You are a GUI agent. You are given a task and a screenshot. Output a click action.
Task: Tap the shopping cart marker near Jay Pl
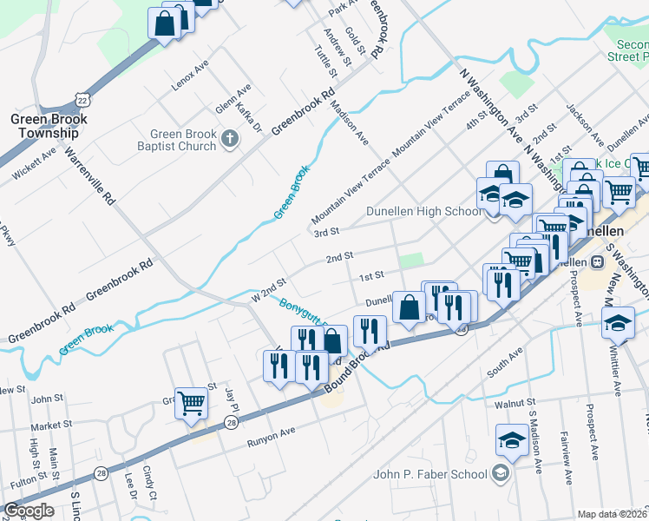point(192,402)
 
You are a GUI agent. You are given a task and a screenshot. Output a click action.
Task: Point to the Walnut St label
point(512,404)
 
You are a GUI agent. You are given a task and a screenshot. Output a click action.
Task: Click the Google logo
point(29,511)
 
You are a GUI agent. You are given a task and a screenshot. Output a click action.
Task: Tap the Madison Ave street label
point(350,122)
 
